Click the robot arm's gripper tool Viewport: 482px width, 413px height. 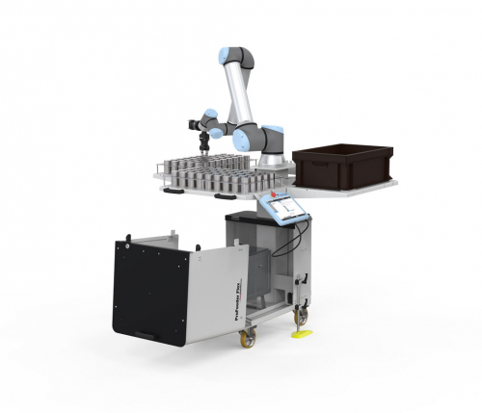[x=202, y=138]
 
